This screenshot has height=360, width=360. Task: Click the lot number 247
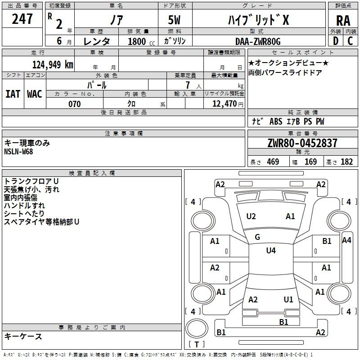pyautogui.click(x=22, y=19)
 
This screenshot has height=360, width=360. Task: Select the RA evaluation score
pyautogui.click(x=343, y=21)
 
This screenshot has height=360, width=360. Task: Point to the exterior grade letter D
pyautogui.click(x=335, y=40)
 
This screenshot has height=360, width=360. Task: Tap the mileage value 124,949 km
pyautogui.click(x=53, y=64)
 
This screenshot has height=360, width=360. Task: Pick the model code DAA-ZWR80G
pyautogui.click(x=258, y=41)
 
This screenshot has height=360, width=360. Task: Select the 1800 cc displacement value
pyautogui.click(x=137, y=41)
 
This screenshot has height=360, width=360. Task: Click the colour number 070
pyautogui.click(x=75, y=104)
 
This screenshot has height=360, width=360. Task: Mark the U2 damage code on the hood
pyautogui.click(x=251, y=216)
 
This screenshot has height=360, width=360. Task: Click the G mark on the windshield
pyautogui.click(x=257, y=237)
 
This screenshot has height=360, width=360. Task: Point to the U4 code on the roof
pyautogui.click(x=270, y=251)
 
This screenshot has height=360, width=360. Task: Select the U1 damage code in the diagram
pyautogui.click(x=288, y=299)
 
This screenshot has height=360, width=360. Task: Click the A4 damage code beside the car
pyautogui.click(x=346, y=240)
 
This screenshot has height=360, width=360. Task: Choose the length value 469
pyautogui.click(x=273, y=162)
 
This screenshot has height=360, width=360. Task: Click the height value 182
pyautogui.click(x=346, y=162)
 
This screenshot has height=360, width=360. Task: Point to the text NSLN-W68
pyautogui.click(x=18, y=151)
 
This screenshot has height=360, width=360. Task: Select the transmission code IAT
pyautogui.click(x=13, y=94)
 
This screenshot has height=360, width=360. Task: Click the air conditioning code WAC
pyautogui.click(x=34, y=94)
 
